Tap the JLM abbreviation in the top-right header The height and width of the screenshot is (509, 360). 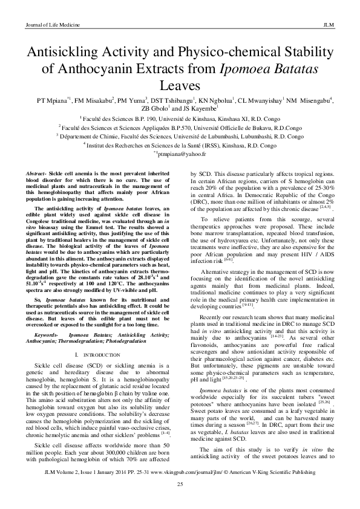(x=331, y=24)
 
